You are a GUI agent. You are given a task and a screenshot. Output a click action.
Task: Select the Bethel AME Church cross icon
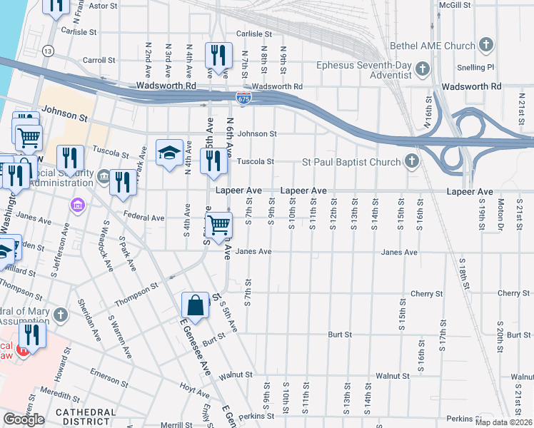pos(486,46)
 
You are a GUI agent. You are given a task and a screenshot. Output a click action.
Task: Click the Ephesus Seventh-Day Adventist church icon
pos(423,68)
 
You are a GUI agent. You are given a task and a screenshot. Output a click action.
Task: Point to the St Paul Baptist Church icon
pos(411,162)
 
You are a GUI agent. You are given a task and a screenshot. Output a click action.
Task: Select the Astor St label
pos(102,6)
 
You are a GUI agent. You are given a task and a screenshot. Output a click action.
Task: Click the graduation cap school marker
pos(169,153)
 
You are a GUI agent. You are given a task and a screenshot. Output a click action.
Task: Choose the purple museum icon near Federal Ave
pos(77,205)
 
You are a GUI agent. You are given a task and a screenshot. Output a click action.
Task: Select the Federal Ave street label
pos(143,218)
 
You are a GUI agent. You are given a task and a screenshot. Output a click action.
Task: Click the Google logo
pos(24,419)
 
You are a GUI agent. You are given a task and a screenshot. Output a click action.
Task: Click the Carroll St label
pos(99,61)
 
